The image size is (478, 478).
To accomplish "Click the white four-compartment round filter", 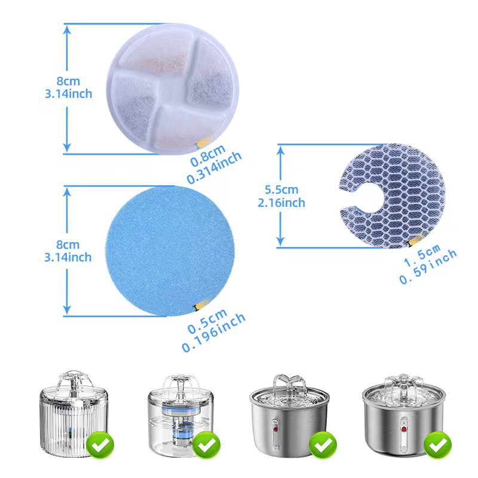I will [x=171, y=88].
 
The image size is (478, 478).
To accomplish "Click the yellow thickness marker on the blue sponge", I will [x=196, y=307].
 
